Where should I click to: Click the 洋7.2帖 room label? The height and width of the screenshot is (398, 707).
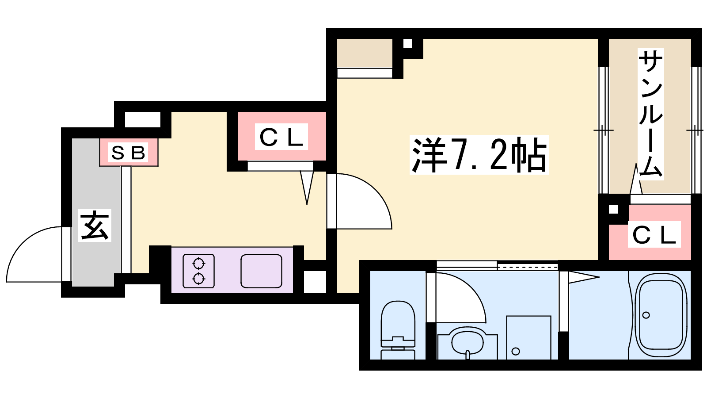tap(479, 155)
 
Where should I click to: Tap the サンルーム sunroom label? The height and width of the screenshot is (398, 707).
tap(650, 114)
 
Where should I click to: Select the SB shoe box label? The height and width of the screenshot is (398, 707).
tap(128, 153)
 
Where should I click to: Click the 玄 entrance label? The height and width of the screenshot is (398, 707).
tap(95, 226)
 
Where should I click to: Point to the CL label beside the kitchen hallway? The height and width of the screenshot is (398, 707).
tap(281, 137)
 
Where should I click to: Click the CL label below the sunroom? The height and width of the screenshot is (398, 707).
tap(654, 235)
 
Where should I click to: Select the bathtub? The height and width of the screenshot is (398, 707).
tap(661, 315)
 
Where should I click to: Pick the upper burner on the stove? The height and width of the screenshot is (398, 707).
tap(199, 264)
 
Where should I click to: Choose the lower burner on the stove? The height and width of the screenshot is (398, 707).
tap(199, 279)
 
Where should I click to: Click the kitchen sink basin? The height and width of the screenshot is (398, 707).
tap(261, 271)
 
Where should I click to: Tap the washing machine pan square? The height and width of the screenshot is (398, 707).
tap(528, 337)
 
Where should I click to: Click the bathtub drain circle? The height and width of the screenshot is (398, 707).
tap(646, 315)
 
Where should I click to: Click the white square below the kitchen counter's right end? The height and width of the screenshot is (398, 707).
tap(314, 281)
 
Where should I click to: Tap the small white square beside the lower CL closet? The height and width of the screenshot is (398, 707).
tap(613, 209)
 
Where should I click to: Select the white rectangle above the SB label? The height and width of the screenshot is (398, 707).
tap(142, 119)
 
